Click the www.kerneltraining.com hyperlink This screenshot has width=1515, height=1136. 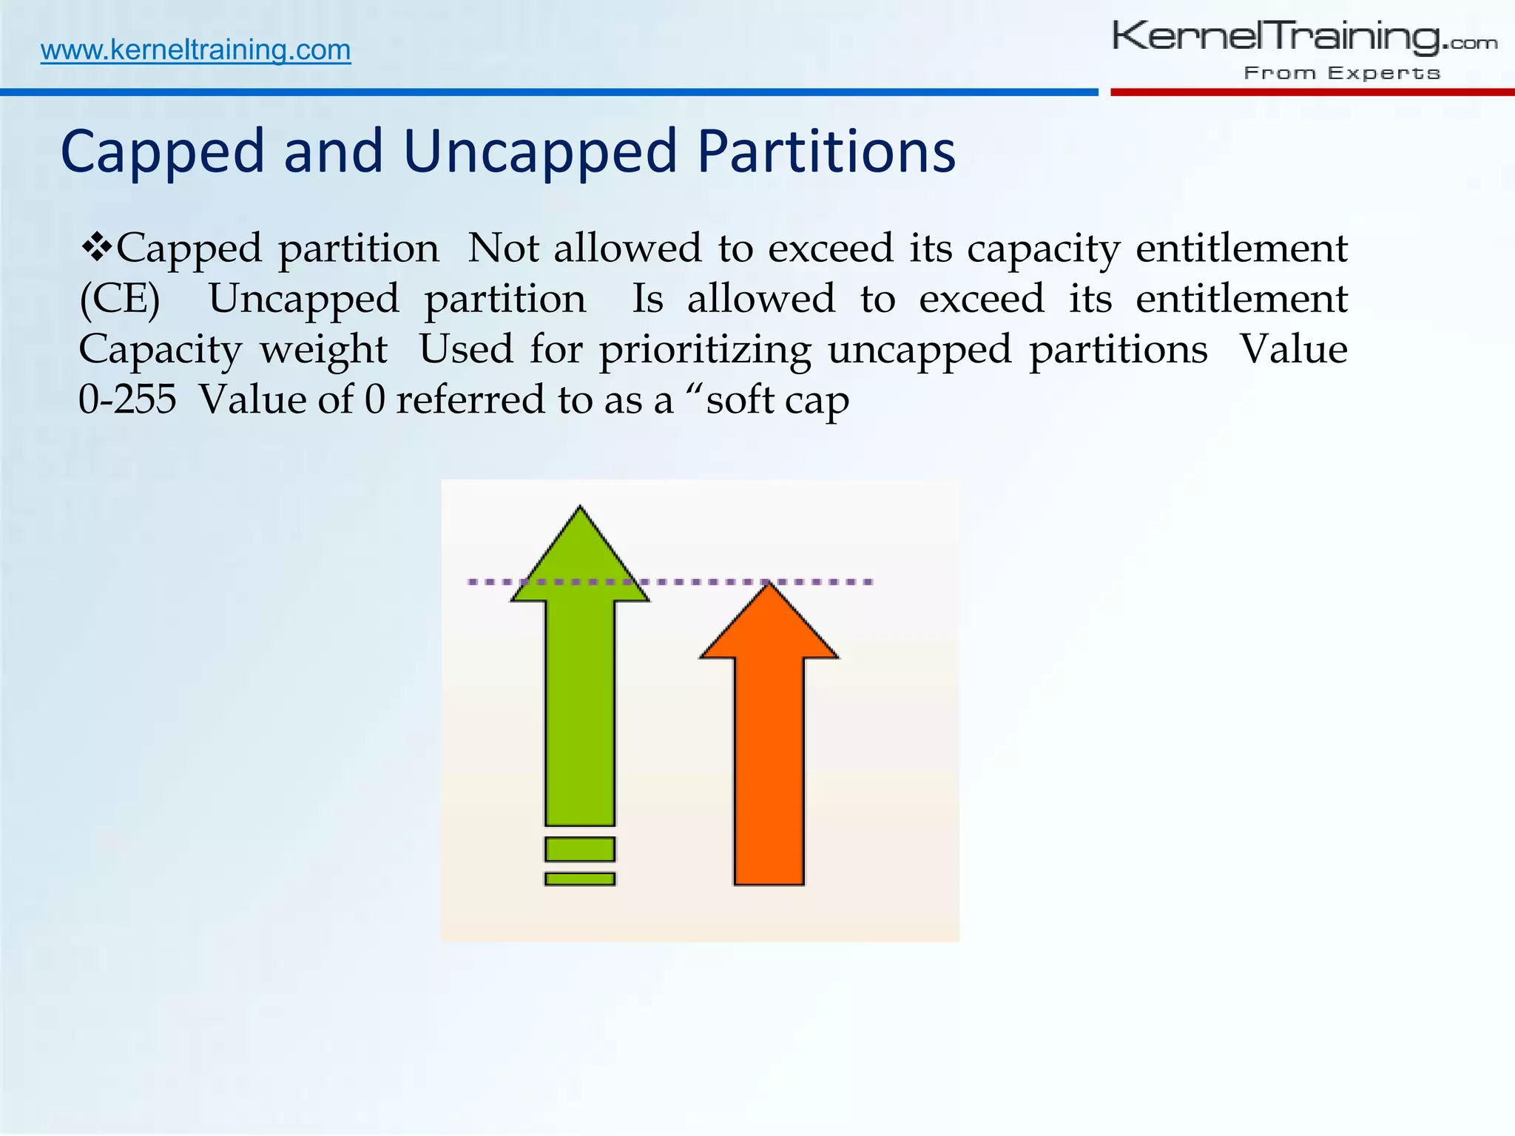pyautogui.click(x=195, y=50)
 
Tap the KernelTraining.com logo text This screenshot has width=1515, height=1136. pyautogui.click(x=1303, y=37)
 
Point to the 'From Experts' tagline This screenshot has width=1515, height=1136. pyautogui.click(x=1342, y=73)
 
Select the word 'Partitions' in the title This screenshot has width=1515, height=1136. pyautogui.click(x=826, y=152)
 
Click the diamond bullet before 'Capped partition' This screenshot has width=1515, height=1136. pyautogui.click(x=96, y=246)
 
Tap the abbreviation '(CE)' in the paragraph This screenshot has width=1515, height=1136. pyautogui.click(x=120, y=300)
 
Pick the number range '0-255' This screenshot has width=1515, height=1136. pyautogui.click(x=127, y=400)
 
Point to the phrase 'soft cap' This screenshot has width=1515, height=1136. pyautogui.click(x=777, y=400)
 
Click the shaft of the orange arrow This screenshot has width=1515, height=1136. pyautogui.click(x=769, y=769)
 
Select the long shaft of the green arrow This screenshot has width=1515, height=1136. pyautogui.click(x=580, y=710)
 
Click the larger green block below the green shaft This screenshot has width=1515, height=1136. pyautogui.click(x=580, y=849)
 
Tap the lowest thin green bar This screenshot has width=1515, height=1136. pyautogui.click(x=580, y=879)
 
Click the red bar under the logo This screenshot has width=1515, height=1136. pyautogui.click(x=1312, y=92)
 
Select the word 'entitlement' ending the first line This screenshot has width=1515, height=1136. pyautogui.click(x=1241, y=248)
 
